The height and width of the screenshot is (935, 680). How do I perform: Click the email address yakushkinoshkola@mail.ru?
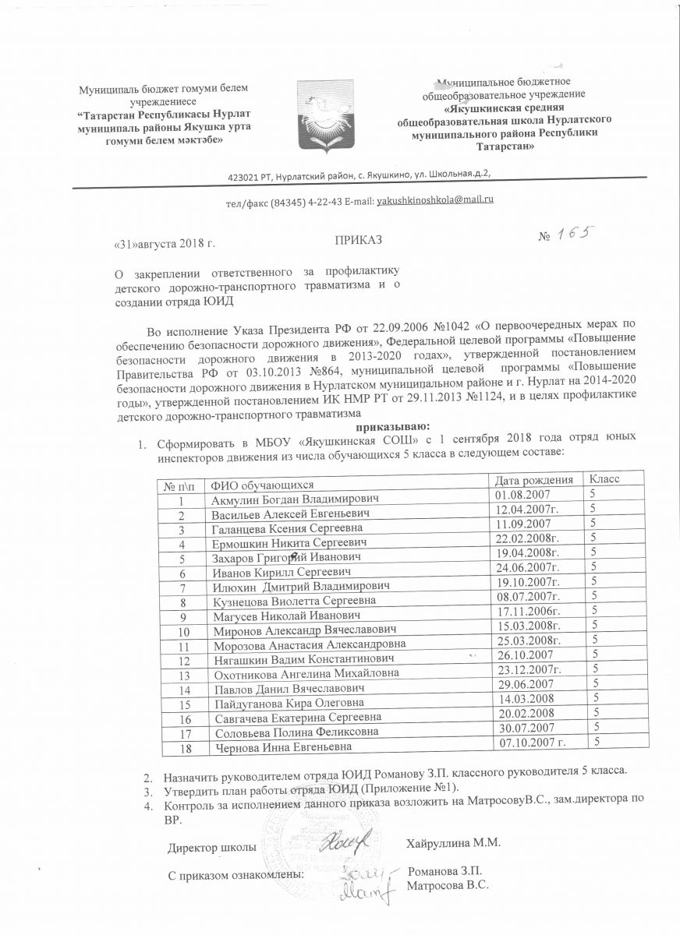(435, 200)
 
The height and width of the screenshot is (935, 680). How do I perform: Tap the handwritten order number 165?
(574, 234)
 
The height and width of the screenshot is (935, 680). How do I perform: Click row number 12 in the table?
(184, 661)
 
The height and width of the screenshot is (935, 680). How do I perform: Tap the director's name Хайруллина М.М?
(452, 843)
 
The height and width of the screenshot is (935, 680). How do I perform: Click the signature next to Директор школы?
(342, 840)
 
